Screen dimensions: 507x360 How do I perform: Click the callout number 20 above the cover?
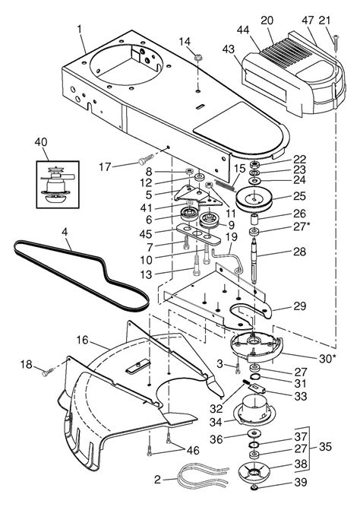click(x=288, y=21)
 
